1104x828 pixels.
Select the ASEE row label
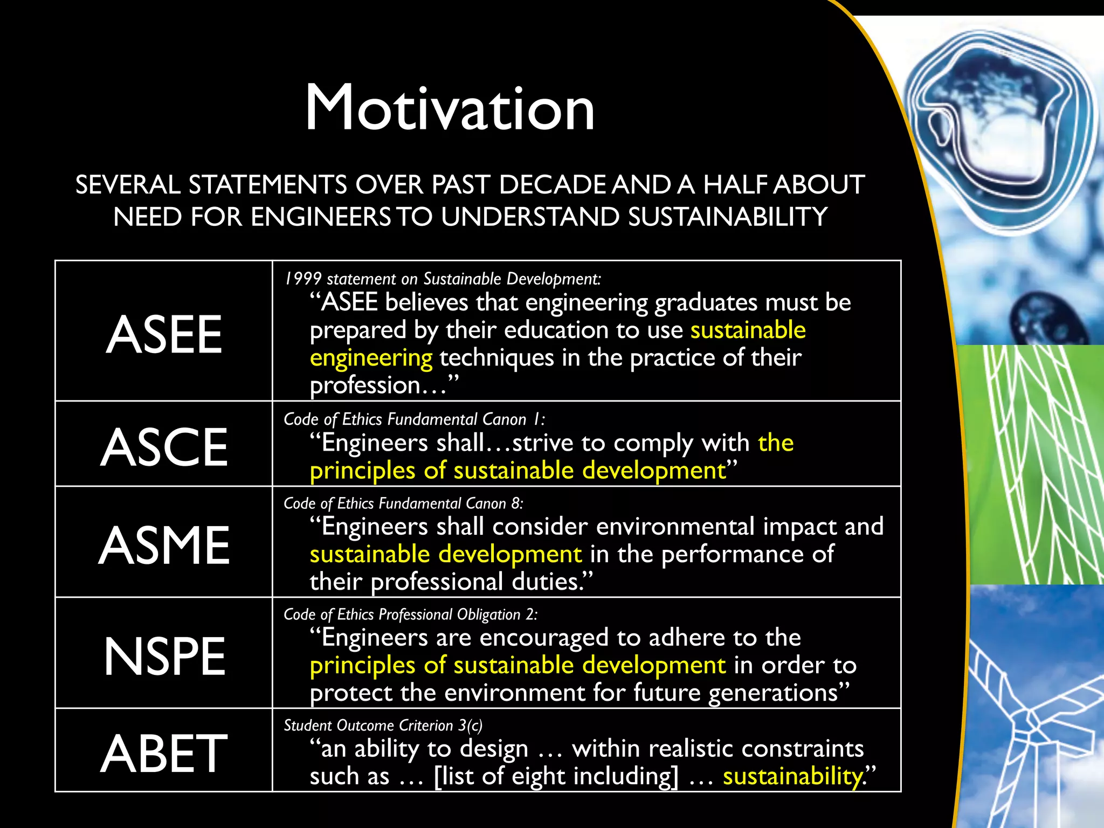coord(164,335)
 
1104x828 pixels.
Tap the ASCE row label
coord(164,447)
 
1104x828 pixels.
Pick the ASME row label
coord(164,545)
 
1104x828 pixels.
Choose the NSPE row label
coord(164,656)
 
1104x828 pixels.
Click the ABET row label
coord(164,753)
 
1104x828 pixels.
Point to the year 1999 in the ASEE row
coord(303,279)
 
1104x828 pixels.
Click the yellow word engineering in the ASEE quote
coord(371,358)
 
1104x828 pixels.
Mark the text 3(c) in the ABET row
coord(470,726)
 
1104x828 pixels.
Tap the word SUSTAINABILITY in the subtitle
coord(728,217)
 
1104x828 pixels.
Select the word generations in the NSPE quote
coord(773,693)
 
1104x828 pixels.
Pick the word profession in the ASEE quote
coord(365,385)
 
